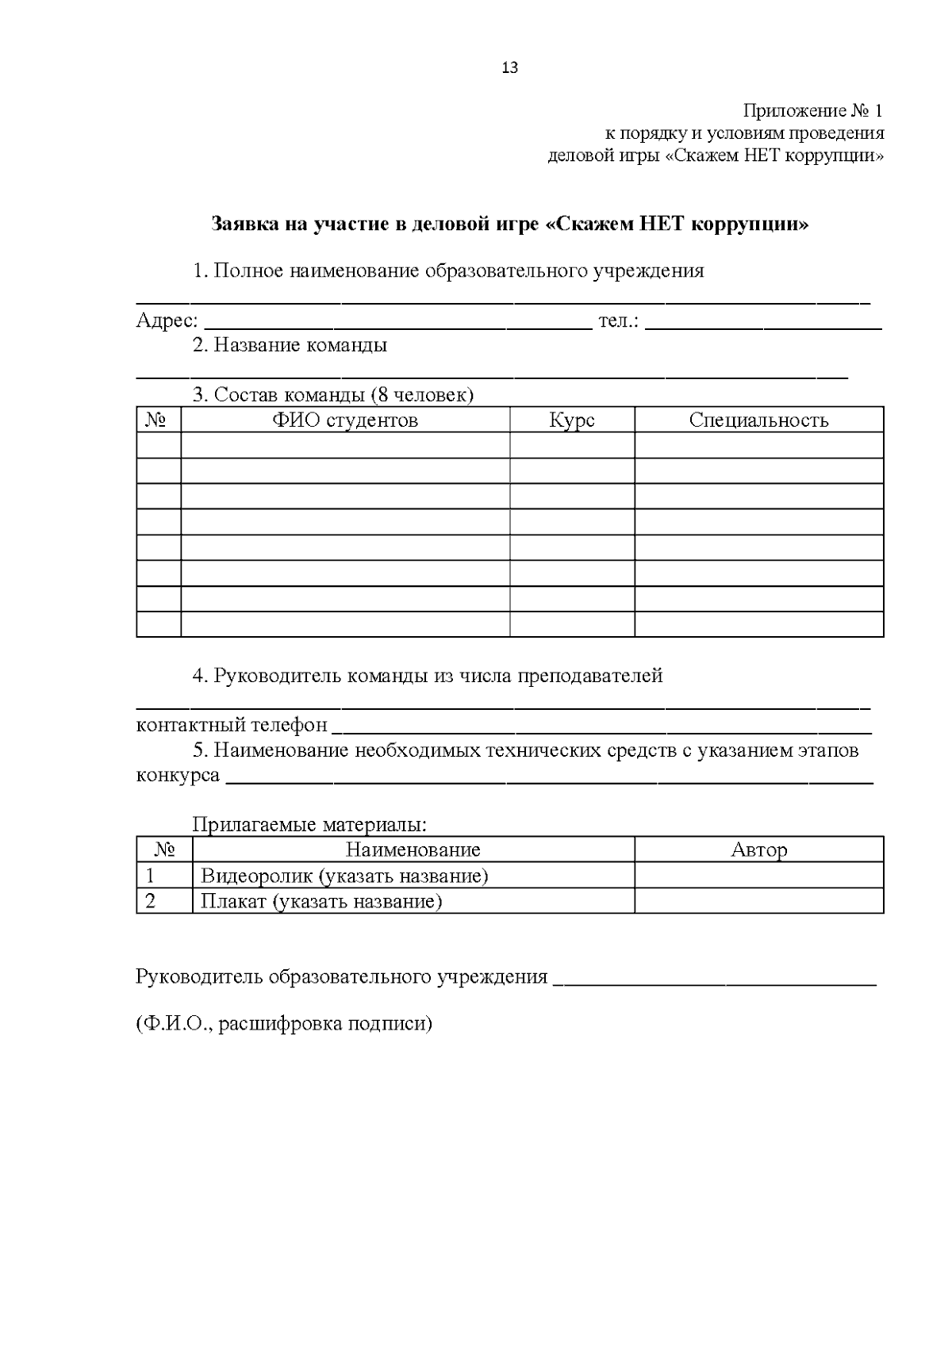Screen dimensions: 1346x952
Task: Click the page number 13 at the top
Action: (510, 68)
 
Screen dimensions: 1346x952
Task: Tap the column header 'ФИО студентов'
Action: (345, 420)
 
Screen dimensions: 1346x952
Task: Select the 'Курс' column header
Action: (572, 420)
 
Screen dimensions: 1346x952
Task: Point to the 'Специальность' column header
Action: (758, 420)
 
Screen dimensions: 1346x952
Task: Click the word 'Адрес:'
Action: (167, 321)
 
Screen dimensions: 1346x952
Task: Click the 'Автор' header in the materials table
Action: (758, 850)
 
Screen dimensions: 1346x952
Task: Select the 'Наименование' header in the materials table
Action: (413, 850)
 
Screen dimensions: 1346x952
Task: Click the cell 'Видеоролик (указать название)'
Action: (344, 876)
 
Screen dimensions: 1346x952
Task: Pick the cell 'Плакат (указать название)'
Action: (321, 901)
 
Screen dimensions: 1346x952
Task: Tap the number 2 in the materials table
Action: (151, 901)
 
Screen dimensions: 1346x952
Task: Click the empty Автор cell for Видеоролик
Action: (758, 876)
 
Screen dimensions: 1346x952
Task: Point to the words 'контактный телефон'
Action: (232, 725)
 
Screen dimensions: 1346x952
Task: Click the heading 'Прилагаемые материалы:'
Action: (309, 825)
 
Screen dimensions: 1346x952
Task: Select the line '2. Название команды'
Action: (290, 346)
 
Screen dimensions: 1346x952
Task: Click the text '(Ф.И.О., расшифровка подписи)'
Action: (284, 1023)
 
